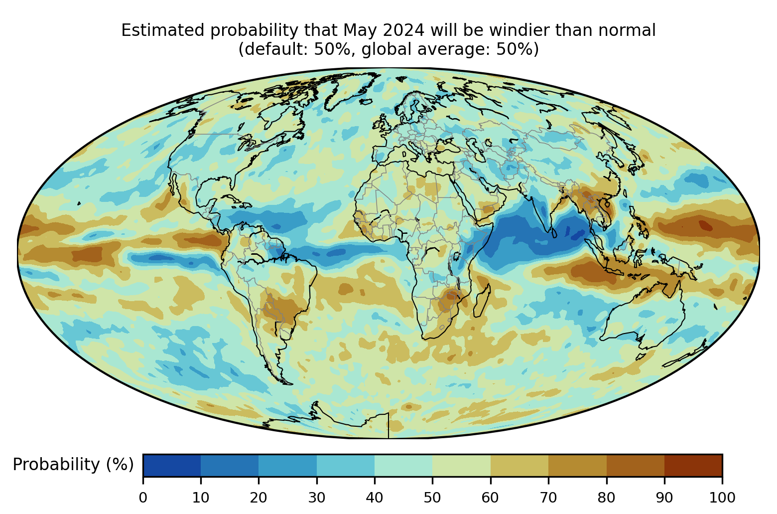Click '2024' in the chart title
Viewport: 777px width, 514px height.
[x=403, y=30]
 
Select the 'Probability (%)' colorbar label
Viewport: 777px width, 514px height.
[x=73, y=464]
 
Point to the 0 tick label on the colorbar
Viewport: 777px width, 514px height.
[x=143, y=498]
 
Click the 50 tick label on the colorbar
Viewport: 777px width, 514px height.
[x=432, y=498]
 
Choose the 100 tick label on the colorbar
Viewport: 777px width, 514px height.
[x=722, y=498]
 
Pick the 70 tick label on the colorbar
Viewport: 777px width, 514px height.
[x=548, y=498]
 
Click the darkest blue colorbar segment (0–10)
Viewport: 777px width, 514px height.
[x=172, y=465]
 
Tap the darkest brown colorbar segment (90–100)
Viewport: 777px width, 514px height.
[x=693, y=465]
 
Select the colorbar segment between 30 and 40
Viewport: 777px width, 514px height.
[x=346, y=465]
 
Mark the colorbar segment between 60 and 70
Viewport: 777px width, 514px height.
[x=519, y=465]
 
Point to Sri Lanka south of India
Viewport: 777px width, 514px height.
[x=554, y=232]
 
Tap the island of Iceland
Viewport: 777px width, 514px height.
[x=366, y=102]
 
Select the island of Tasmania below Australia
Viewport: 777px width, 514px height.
[x=641, y=356]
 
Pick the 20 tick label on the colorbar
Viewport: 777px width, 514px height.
[x=259, y=498]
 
